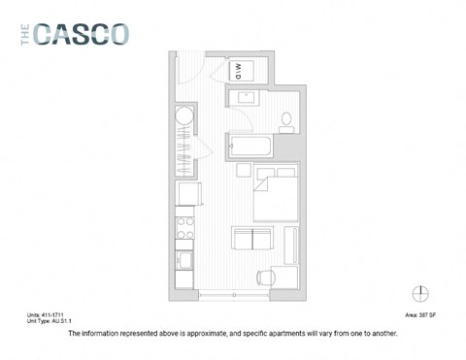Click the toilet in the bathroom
click(286, 121)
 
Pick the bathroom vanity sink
click(243, 97)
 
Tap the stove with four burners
click(183, 231)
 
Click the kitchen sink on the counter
click(183, 261)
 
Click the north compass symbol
click(420, 293)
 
